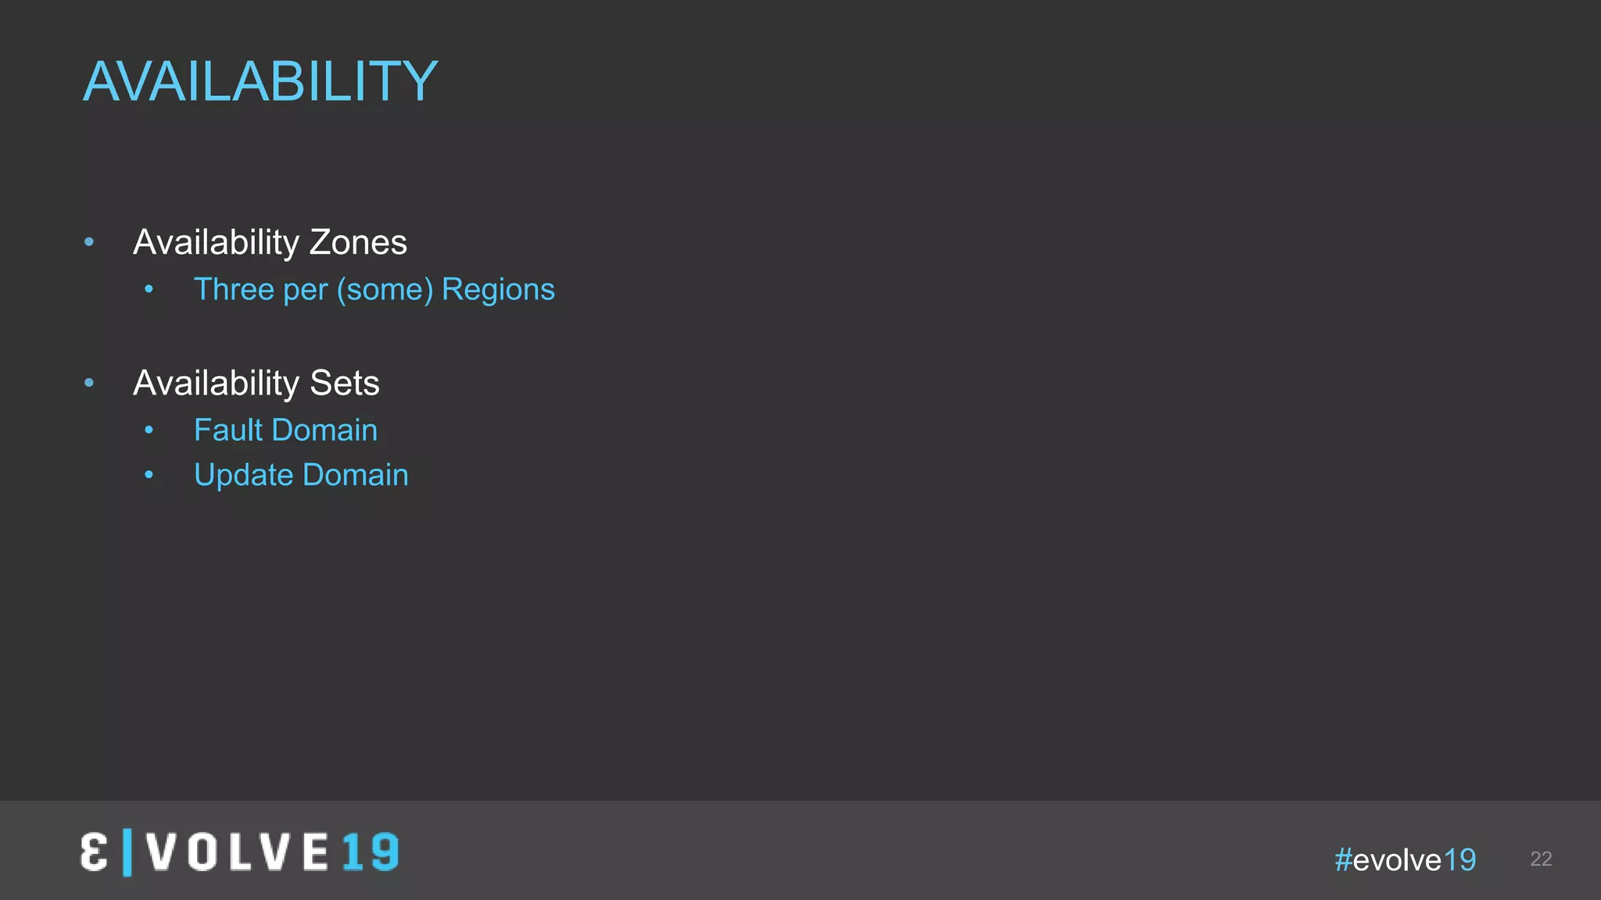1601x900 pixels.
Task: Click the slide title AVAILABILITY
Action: click(x=260, y=81)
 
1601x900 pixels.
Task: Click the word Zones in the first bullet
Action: click(x=358, y=243)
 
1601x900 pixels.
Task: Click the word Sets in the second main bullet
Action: click(x=344, y=384)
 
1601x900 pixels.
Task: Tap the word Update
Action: click(x=243, y=476)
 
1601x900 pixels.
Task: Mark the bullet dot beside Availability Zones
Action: click(x=89, y=243)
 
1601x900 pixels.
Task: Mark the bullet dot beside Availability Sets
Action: click(x=89, y=383)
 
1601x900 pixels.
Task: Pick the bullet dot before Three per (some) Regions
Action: click(x=149, y=290)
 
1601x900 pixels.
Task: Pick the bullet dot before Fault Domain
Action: click(x=149, y=430)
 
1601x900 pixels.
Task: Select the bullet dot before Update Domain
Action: click(x=149, y=475)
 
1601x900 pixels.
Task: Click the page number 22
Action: click(x=1540, y=859)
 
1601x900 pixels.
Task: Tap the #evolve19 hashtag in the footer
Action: click(x=1405, y=860)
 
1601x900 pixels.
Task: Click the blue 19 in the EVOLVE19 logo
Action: click(x=371, y=852)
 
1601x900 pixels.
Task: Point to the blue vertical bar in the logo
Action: click(x=127, y=852)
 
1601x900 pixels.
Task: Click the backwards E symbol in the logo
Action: click(x=94, y=852)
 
